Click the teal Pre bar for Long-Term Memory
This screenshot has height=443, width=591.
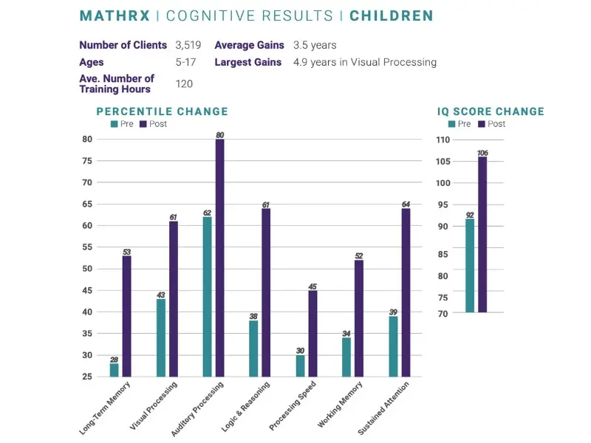coord(115,370)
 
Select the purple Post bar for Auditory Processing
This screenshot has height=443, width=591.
coord(219,258)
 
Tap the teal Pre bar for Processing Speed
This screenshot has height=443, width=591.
coord(300,366)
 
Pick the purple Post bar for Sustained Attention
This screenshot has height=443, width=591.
coord(406,292)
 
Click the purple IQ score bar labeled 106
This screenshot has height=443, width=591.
coord(482,234)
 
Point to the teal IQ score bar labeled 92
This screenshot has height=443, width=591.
coord(470,265)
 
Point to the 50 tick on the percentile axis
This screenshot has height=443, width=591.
coord(87,269)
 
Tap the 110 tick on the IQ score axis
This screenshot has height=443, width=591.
coord(443,140)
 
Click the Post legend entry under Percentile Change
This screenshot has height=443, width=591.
coord(153,124)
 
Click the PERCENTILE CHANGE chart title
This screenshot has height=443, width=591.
coord(163,111)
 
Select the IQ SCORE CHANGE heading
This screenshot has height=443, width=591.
coord(491,111)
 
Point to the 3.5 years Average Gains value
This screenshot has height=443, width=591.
coord(315,45)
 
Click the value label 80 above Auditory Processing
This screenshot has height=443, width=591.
coord(219,135)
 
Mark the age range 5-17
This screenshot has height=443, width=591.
coord(185,63)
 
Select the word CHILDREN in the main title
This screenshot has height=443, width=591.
coord(392,16)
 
